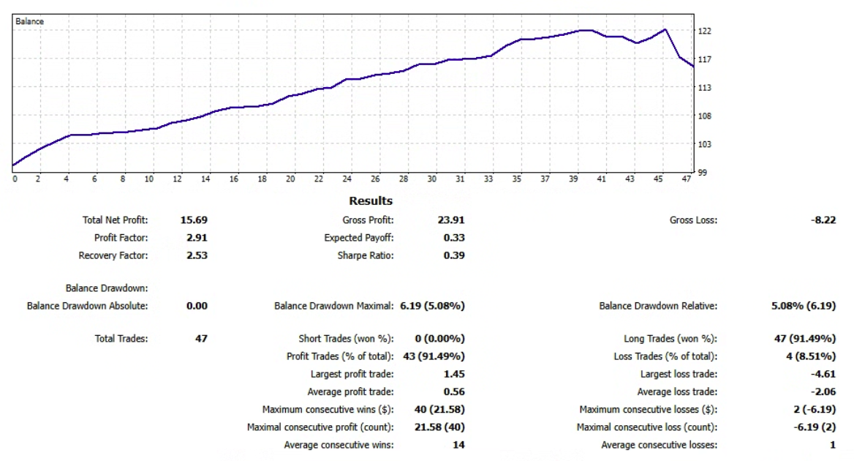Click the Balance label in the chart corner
click(29, 22)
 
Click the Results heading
click(371, 200)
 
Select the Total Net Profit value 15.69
click(194, 220)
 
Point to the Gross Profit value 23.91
click(450, 220)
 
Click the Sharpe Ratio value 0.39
click(454, 255)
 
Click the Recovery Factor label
click(113, 255)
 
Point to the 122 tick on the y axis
click(704, 31)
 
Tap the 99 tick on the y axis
click(702, 173)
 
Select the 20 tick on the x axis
click(290, 179)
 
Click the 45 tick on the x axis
click(658, 179)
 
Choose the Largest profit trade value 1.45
click(454, 374)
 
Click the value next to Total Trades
click(201, 339)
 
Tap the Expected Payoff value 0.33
click(454, 238)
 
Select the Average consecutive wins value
click(459, 444)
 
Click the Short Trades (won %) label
click(347, 339)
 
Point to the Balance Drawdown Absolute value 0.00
click(197, 306)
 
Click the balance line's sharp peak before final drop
click(665, 29)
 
